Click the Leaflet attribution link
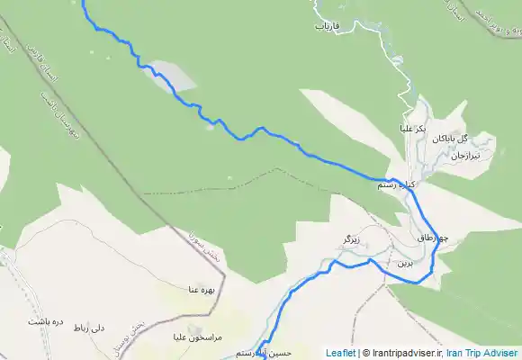(340, 353)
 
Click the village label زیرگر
(351, 238)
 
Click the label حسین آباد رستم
(262, 353)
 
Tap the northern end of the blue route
(83, 3)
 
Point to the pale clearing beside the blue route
(174, 76)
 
